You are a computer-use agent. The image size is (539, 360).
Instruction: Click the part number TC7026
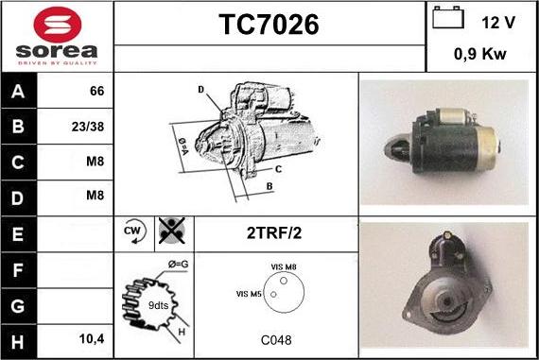269,26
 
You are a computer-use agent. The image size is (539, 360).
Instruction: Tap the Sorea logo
56,38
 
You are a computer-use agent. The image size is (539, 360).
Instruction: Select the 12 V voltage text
497,21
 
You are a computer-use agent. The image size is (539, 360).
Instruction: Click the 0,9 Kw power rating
480,54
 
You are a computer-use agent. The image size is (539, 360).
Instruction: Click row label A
18,92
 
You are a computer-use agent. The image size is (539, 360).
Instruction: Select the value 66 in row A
96,92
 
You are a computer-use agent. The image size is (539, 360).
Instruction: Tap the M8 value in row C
95,161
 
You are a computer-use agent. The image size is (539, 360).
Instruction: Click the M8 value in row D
95,196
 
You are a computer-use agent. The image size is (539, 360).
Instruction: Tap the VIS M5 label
249,295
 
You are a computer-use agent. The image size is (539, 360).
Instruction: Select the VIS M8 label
284,267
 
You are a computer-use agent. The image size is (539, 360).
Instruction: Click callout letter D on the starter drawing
200,90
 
